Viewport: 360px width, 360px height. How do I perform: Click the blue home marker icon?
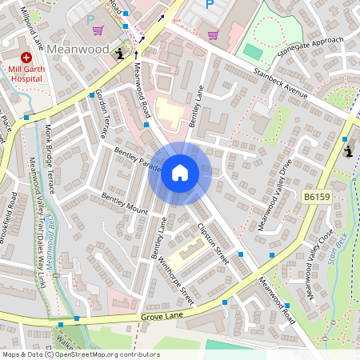click(179, 173)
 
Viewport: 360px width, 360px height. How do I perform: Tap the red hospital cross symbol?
click(26, 58)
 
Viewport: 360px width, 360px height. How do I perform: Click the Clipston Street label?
click(214, 242)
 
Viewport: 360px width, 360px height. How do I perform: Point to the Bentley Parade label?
click(138, 158)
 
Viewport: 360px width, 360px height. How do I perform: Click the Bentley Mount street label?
click(124, 204)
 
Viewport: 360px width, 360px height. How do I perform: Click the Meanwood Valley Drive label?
click(274, 195)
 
